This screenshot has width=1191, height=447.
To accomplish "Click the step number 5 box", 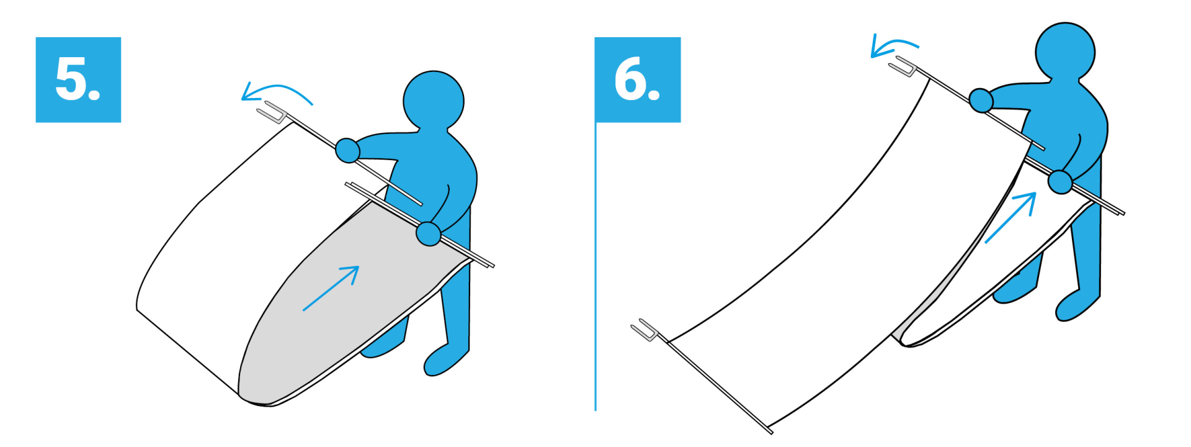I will coord(78,79).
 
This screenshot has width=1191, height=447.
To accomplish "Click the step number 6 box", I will coord(638,79).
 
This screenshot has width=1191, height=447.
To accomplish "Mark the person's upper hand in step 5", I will coord(348,150).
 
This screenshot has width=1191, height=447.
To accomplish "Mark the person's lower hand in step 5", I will coord(428,233).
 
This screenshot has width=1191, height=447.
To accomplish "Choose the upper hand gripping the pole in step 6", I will coord(981,100).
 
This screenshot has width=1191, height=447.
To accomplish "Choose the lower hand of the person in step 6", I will coord(1060,182).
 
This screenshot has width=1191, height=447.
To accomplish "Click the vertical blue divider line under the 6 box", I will coord(595,267).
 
